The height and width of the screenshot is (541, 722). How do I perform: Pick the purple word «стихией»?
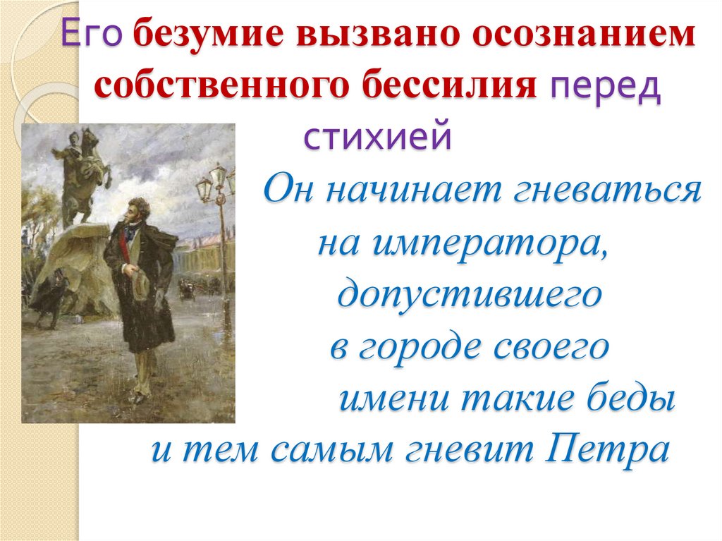[377, 136]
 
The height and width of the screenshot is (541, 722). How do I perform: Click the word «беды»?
[632, 399]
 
